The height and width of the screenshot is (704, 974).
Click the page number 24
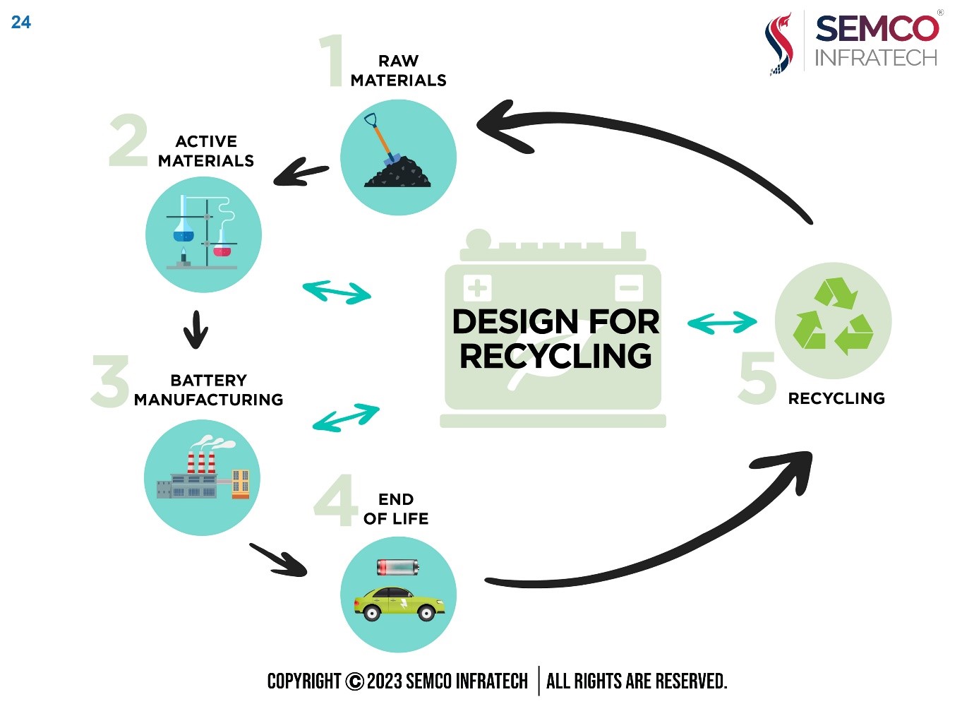(21, 22)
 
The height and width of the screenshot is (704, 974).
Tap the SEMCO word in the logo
(877, 29)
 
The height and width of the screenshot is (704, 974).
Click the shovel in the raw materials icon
(382, 138)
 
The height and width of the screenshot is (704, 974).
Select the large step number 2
(128, 140)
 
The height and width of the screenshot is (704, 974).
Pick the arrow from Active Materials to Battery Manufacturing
(196, 329)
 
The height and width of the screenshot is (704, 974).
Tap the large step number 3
(110, 381)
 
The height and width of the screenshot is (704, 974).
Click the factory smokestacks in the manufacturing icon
(201, 463)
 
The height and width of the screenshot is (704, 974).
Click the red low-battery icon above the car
(397, 568)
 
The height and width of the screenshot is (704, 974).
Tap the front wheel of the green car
(426, 613)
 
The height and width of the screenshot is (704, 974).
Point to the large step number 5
(757, 377)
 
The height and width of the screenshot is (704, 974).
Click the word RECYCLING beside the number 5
(836, 398)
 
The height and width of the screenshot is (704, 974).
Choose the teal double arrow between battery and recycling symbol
(722, 323)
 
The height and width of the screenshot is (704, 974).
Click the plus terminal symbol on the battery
(477, 287)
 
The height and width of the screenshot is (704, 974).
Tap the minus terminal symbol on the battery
(629, 287)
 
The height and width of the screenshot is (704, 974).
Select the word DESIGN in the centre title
(515, 322)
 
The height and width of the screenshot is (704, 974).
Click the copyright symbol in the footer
(354, 681)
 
